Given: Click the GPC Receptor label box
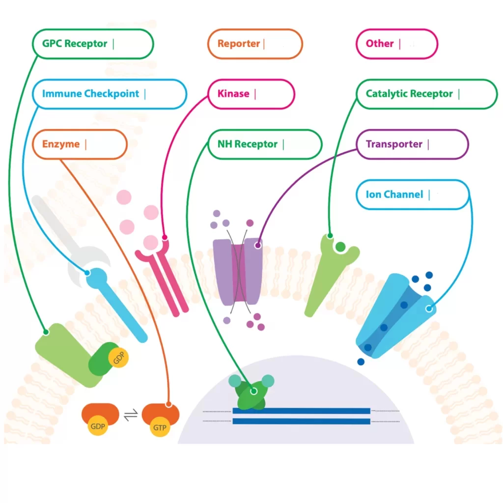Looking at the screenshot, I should [x=93, y=44].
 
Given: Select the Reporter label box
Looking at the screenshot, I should [x=255, y=44].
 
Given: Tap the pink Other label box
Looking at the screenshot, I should [x=395, y=44].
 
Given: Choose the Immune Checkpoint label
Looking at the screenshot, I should [x=109, y=94].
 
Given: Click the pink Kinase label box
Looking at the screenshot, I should [x=251, y=94].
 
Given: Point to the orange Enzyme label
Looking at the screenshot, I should [x=79, y=144].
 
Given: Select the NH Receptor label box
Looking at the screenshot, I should [x=265, y=144].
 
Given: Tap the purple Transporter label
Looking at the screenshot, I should [x=412, y=144].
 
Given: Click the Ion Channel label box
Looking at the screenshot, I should [x=412, y=195].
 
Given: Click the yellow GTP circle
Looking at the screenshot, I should [x=160, y=427].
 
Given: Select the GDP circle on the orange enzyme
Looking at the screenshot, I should [x=98, y=426].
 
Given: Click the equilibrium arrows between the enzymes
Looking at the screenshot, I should [x=131, y=416].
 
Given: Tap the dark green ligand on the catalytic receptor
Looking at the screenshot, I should [x=340, y=246].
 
